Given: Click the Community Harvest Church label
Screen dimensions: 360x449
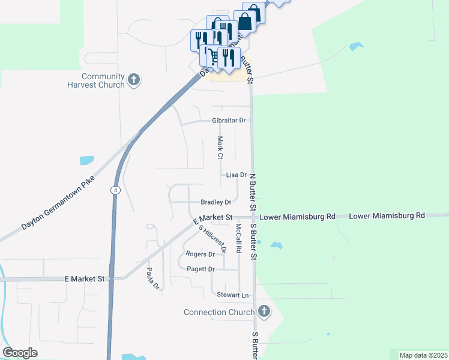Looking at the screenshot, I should pyautogui.click(x=103, y=80).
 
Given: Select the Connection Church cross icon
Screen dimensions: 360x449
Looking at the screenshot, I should pyautogui.click(x=263, y=311).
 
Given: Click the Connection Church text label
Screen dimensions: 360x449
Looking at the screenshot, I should pyautogui.click(x=219, y=312).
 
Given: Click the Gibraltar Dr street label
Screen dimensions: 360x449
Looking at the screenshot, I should pyautogui.click(x=229, y=121).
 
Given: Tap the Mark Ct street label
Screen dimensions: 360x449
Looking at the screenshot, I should pyautogui.click(x=220, y=148).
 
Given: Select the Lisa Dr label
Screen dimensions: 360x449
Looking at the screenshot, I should pyautogui.click(x=237, y=175).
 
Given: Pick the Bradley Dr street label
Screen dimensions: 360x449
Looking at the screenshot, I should pyautogui.click(x=216, y=202).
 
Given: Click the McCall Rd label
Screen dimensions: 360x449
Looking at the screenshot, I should pyautogui.click(x=239, y=238).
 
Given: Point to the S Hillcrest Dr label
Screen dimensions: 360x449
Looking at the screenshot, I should pyautogui.click(x=213, y=238).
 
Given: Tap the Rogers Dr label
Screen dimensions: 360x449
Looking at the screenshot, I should pyautogui.click(x=200, y=254).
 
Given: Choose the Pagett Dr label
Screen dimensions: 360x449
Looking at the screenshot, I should pyautogui.click(x=200, y=269).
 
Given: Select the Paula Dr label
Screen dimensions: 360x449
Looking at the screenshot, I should pyautogui.click(x=152, y=278).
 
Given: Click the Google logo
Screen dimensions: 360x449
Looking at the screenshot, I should pyautogui.click(x=20, y=353).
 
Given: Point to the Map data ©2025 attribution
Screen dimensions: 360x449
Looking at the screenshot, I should pyautogui.click(x=423, y=355).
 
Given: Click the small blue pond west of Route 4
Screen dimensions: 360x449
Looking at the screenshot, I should pyautogui.click(x=87, y=161).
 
